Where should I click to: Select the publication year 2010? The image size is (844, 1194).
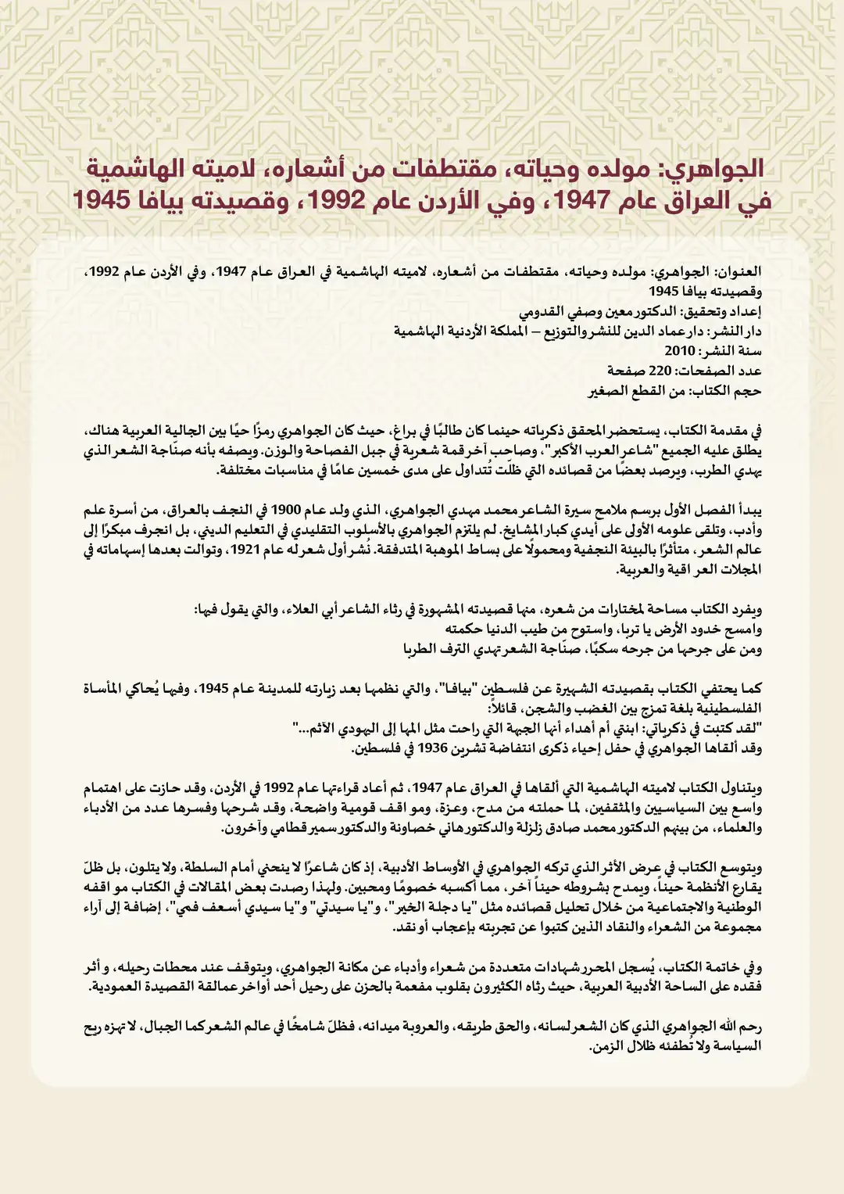pos(680,350)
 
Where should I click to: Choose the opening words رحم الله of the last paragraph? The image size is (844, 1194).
pos(738,1027)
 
